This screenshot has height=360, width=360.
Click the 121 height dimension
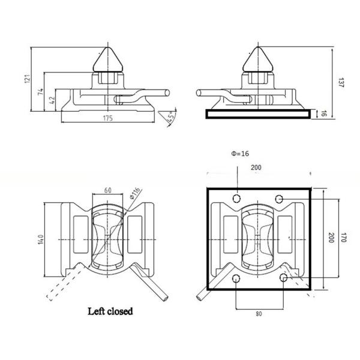(x=27, y=79)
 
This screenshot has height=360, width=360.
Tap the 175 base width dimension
(x=109, y=118)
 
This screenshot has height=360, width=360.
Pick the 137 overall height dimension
(x=340, y=82)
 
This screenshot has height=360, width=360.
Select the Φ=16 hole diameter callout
(x=239, y=153)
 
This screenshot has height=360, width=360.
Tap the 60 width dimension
(x=108, y=190)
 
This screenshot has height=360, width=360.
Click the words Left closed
(x=110, y=311)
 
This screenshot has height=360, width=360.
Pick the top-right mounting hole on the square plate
(x=279, y=198)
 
